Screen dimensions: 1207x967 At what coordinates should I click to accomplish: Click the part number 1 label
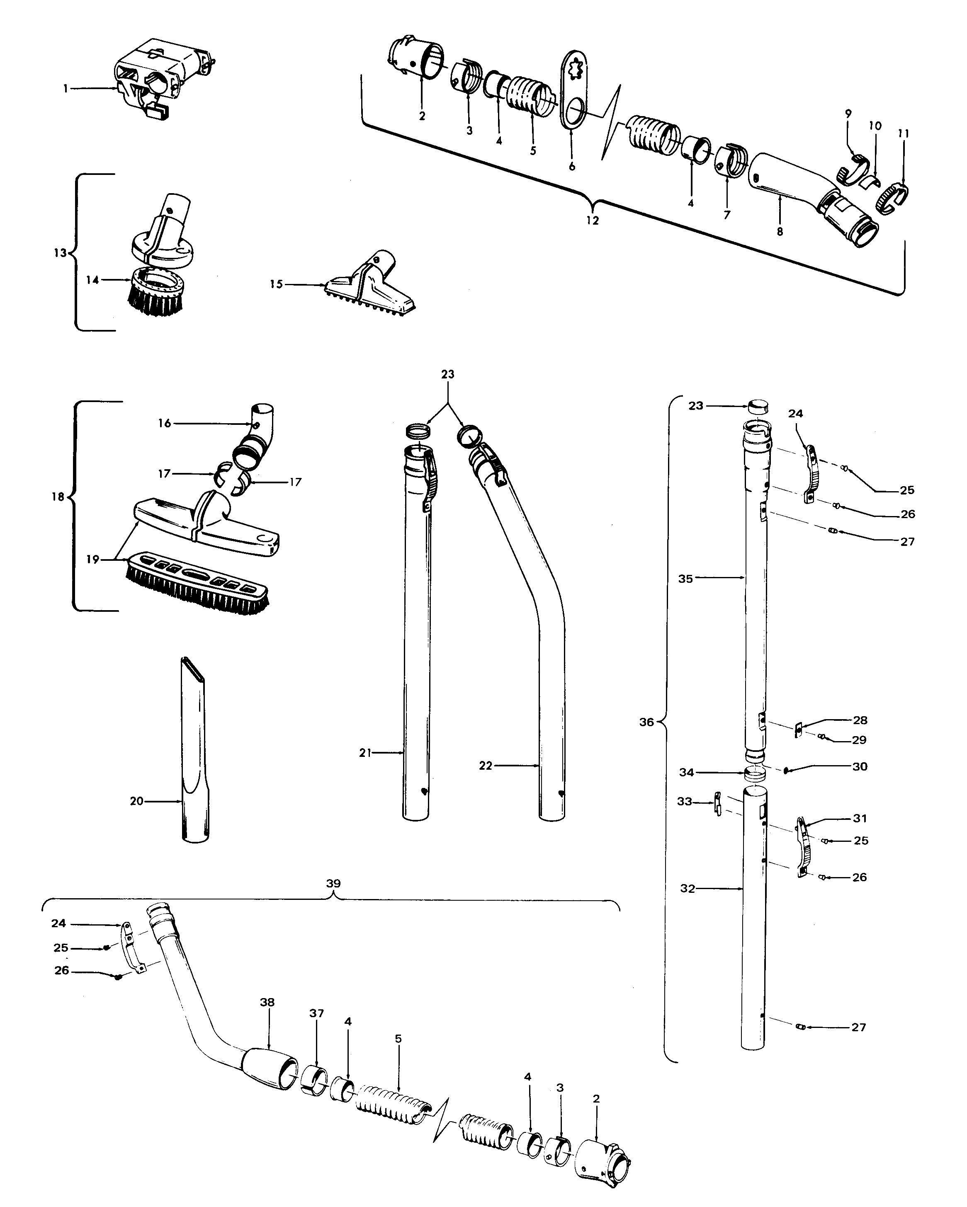[x=66, y=88]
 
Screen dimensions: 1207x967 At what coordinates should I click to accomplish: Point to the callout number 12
[x=593, y=221]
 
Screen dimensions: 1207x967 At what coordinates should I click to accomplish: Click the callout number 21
[x=365, y=753]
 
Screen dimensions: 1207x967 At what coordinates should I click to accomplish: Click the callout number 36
[x=647, y=722]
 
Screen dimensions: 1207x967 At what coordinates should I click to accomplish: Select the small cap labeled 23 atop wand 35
[x=758, y=406]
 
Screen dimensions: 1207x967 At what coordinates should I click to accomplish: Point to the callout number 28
[x=860, y=720]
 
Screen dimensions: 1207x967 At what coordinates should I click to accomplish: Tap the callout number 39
[x=333, y=883]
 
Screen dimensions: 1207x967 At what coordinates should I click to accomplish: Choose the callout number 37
[x=316, y=1013]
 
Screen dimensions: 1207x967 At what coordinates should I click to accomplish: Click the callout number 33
[x=684, y=802]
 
